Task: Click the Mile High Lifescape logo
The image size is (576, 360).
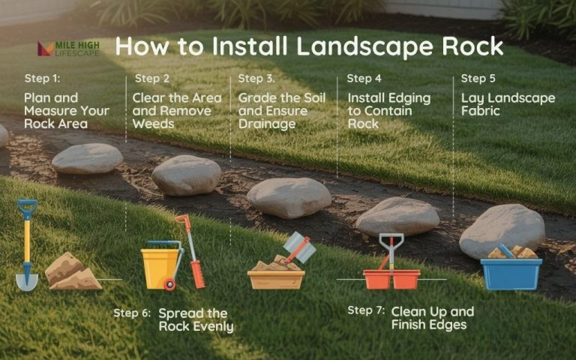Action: click(x=68, y=49)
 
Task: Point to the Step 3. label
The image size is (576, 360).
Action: click(x=256, y=78)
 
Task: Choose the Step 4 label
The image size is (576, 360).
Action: click(x=364, y=78)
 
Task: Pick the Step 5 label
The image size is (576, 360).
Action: click(x=478, y=78)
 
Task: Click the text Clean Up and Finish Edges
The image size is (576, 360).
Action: click(x=432, y=318)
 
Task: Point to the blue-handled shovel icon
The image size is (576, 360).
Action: click(x=27, y=244)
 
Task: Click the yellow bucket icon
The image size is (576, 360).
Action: click(x=160, y=265)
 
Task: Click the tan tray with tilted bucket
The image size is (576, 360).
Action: click(x=277, y=271)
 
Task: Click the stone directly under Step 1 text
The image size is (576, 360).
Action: click(x=88, y=158)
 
